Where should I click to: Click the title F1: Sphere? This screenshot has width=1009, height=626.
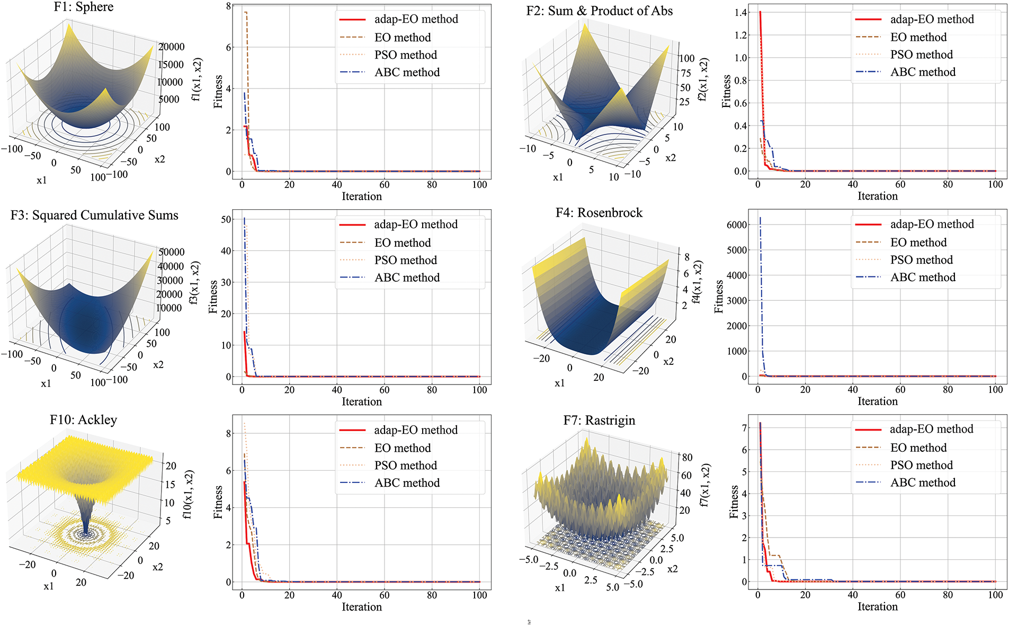pyautogui.click(x=84, y=7)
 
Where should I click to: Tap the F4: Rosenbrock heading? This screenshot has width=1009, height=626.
pyautogui.click(x=599, y=213)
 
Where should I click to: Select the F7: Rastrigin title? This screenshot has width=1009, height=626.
pyautogui.click(x=599, y=421)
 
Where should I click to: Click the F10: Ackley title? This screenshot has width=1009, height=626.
pyautogui.click(x=83, y=420)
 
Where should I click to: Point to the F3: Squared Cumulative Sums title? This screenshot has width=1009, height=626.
pyautogui.click(x=94, y=216)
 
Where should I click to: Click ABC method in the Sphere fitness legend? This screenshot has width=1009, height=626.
pyautogui.click(x=407, y=73)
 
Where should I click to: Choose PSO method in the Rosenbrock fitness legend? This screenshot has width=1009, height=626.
pyautogui.click(x=921, y=260)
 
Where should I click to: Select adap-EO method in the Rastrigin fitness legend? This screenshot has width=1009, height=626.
pyautogui.click(x=931, y=429)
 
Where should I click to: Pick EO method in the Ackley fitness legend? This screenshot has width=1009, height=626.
pyautogui.click(x=403, y=448)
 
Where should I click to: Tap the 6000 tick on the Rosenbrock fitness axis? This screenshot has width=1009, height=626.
pyautogui.click(x=737, y=225)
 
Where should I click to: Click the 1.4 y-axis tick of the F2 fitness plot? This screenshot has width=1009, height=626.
pyautogui.click(x=740, y=13)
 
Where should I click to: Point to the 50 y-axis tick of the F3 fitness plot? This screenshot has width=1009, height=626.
pyautogui.click(x=226, y=219)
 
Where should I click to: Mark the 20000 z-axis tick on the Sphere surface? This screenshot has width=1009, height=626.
pyautogui.click(x=172, y=47)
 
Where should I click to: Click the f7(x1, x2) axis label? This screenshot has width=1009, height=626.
pyautogui.click(x=704, y=486)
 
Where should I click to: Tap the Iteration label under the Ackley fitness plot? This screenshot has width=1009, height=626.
pyautogui.click(x=362, y=607)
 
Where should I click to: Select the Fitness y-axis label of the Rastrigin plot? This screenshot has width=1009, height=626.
pyautogui.click(x=734, y=502)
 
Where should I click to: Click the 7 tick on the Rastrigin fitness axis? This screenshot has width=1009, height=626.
pyautogui.click(x=744, y=427)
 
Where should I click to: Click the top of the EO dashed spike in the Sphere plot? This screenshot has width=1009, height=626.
pyautogui.click(x=246, y=12)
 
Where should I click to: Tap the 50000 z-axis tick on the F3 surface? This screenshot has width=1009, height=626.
pyautogui.click(x=172, y=252)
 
